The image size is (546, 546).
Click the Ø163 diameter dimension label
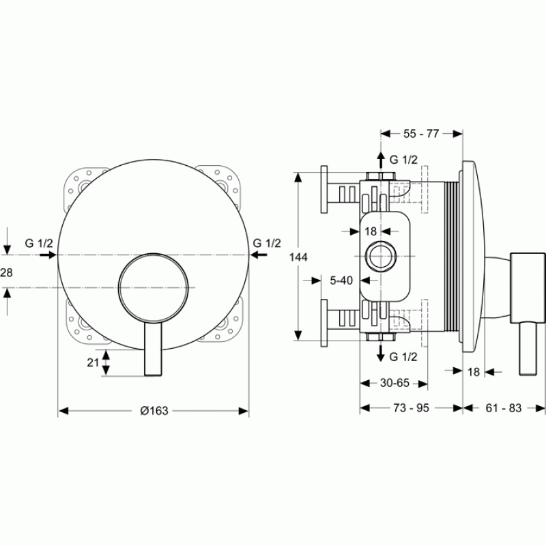(154, 411)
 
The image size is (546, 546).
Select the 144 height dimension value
(298, 257)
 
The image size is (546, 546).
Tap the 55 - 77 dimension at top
(421, 134)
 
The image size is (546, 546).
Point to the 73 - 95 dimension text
(412, 408)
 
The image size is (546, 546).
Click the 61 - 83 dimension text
(504, 408)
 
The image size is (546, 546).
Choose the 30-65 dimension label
(394, 383)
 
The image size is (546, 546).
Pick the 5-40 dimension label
(341, 281)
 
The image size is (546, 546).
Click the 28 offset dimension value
(6, 272)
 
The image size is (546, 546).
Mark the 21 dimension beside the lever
(93, 363)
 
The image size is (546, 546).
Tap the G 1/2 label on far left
(39, 243)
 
